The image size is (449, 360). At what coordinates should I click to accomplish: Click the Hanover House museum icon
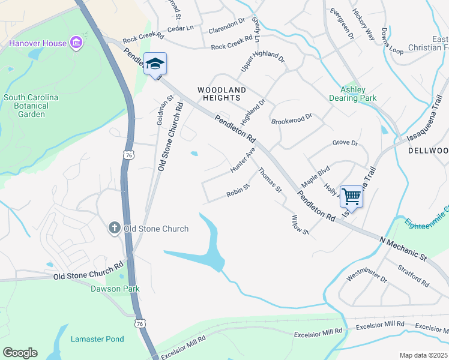coord(76,43)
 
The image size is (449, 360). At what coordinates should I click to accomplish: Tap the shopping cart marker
coord(351,196)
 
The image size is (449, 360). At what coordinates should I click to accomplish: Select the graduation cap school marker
coord(155,64)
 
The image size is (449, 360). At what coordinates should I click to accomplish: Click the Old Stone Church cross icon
coord(114,228)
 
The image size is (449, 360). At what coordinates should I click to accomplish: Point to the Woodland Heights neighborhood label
coord(222,94)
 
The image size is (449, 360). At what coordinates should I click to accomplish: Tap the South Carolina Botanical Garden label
coord(31,106)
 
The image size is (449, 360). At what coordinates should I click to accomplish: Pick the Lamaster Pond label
coord(97,339)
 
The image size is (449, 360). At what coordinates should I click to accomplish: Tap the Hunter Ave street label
coord(243,161)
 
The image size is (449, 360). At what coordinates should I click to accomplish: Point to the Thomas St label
coord(270,181)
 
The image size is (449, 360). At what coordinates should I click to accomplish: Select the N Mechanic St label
coord(402,249)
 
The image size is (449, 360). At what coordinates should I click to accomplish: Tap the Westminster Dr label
coord(367,275)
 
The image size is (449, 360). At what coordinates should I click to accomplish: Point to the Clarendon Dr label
coord(226,25)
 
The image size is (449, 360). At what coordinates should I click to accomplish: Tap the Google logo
coord(20,353)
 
